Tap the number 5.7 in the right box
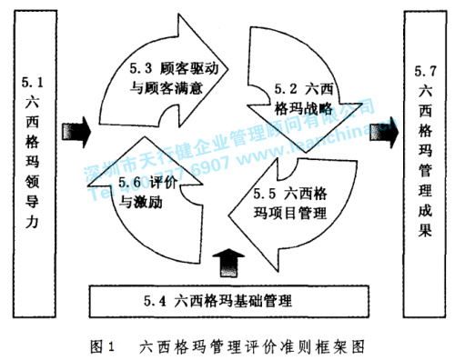421,70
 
